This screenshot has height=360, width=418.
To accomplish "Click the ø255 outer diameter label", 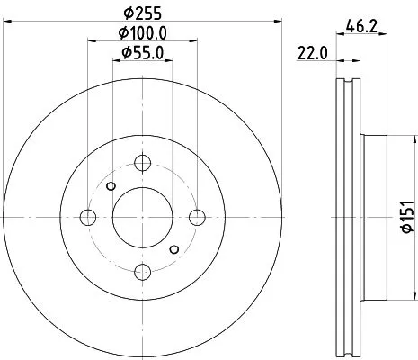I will point(142,13).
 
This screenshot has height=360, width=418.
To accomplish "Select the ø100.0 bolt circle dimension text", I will point(143,33).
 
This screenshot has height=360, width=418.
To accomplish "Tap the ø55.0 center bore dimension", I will point(143,53).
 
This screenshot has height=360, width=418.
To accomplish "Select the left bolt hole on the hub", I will point(87,217).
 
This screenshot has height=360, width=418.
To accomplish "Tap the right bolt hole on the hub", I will point(197,216).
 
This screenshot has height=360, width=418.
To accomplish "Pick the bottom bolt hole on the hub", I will point(142,271).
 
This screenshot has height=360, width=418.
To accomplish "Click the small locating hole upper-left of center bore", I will point(111,185).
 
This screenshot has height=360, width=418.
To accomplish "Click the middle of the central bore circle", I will point(142,217).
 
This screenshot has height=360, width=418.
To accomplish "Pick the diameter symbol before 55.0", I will point(127,53).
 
